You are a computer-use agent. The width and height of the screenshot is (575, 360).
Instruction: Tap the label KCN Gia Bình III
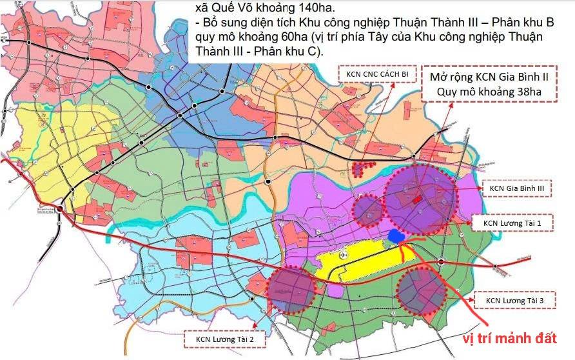518,188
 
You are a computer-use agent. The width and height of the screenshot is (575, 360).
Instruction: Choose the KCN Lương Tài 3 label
520,300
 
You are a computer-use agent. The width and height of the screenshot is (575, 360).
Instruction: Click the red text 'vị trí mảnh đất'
509,339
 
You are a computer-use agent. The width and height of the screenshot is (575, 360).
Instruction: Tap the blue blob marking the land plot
395,236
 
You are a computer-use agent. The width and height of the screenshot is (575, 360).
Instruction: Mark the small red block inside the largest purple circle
418,199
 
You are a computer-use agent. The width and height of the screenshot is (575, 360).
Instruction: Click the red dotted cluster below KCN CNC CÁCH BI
364,170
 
